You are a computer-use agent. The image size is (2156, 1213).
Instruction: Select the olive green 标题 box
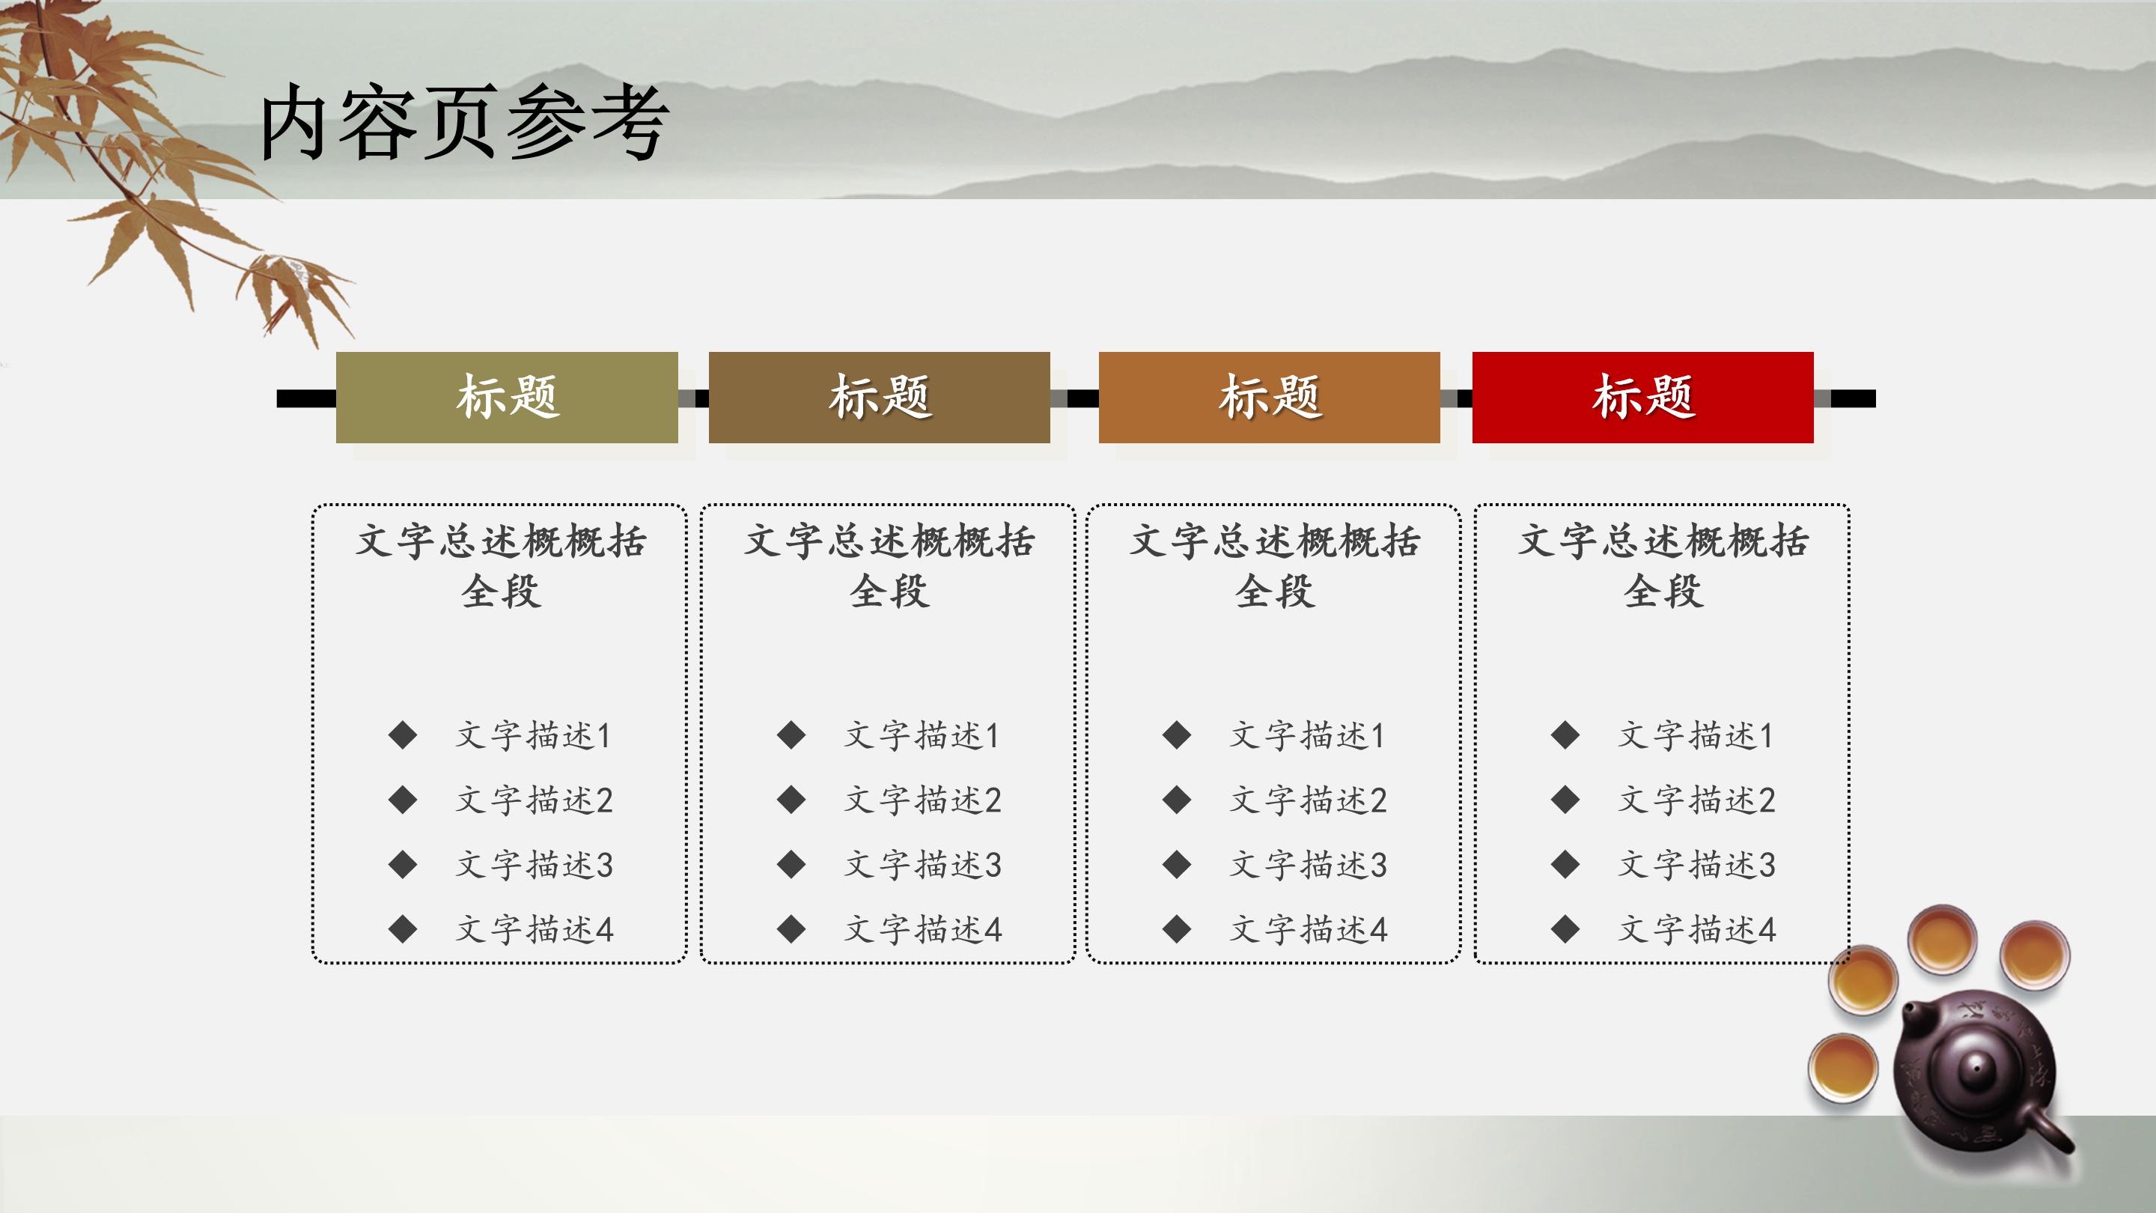coord(506,397)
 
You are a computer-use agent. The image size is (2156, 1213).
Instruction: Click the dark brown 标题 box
coord(879,397)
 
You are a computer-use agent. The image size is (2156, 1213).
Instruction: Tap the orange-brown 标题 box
coord(1269,397)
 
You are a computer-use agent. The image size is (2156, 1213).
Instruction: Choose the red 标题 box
coord(1642,397)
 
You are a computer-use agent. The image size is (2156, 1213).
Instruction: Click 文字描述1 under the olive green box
coord(534,736)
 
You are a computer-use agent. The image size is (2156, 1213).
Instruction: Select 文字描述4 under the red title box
coord(1696,929)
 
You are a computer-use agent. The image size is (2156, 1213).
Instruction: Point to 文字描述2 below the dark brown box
coord(922,800)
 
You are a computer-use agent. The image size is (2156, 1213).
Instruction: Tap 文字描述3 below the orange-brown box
coord(1308,865)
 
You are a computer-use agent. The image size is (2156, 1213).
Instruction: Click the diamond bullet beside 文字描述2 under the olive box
coord(403,800)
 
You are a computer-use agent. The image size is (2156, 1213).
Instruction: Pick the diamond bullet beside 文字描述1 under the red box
coord(1565,736)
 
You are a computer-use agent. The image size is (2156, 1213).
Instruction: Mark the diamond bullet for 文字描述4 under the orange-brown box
coord(1177,929)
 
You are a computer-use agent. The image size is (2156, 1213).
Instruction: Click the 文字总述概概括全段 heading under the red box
coord(1663,565)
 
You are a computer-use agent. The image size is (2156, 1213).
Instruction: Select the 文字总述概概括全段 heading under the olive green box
coord(501,565)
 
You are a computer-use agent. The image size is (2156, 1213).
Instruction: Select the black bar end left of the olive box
coord(305,398)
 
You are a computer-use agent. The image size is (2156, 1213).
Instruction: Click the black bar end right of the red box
coord(1852,398)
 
